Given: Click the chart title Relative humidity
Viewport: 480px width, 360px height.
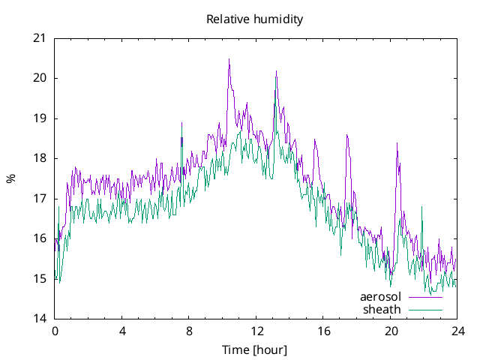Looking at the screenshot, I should pyautogui.click(x=255, y=19).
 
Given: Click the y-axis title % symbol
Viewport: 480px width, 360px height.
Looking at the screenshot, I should pyautogui.click(x=10, y=178).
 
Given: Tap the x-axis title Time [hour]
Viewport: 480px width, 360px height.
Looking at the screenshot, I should pyautogui.click(x=255, y=349).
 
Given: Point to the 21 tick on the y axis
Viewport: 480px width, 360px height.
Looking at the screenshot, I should pyautogui.click(x=39, y=38).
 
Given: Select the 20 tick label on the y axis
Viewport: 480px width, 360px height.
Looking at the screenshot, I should pyautogui.click(x=39, y=78).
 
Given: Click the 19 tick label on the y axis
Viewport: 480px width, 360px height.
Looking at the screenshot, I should pyautogui.click(x=39, y=118).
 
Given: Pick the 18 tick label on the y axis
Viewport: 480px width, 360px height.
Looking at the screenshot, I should pyautogui.click(x=39, y=158).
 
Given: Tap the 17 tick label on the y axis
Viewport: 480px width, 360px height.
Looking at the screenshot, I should pyautogui.click(x=39, y=199).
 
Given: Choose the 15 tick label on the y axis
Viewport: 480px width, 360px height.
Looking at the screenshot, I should pyautogui.click(x=39, y=279).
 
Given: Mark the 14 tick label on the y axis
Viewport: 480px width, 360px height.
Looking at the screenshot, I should pyautogui.click(x=39, y=319).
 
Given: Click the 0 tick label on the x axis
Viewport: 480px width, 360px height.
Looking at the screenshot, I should pyautogui.click(x=55, y=331).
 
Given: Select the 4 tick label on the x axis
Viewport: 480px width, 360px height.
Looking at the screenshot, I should pyautogui.click(x=122, y=331).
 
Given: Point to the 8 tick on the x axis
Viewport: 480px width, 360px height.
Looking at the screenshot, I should pyautogui.click(x=189, y=331).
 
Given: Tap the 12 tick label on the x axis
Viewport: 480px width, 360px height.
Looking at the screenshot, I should pyautogui.click(x=256, y=331).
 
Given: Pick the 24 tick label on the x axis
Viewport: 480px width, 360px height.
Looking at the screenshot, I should pyautogui.click(x=457, y=331).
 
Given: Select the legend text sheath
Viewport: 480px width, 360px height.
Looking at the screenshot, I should pyautogui.click(x=382, y=309).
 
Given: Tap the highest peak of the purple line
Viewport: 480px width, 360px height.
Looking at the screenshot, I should pyautogui.click(x=229, y=59).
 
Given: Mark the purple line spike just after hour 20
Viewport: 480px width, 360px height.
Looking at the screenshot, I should pyautogui.click(x=397, y=143).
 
